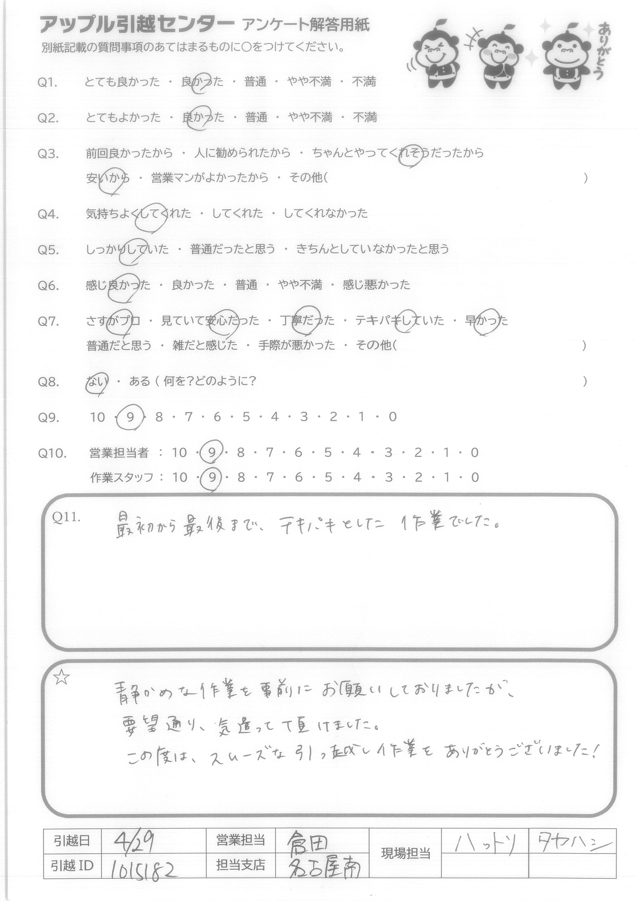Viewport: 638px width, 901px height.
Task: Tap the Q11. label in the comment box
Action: (x=66, y=517)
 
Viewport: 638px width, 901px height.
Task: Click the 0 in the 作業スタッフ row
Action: (x=475, y=477)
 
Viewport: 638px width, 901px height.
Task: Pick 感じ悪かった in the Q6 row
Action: (x=376, y=285)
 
